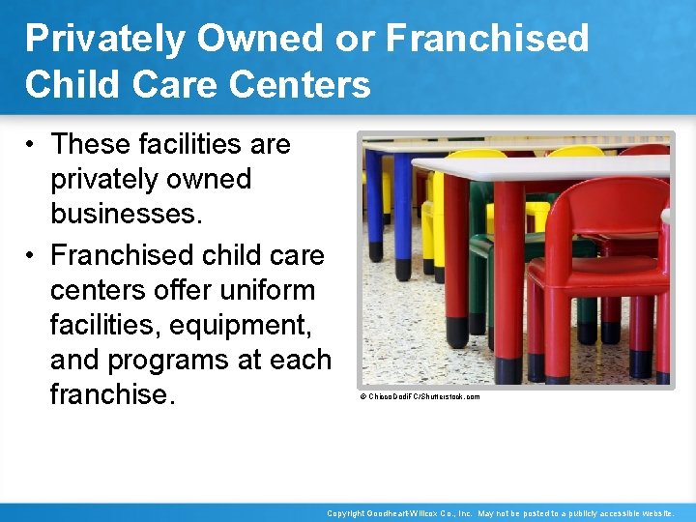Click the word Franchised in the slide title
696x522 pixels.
(x=487, y=39)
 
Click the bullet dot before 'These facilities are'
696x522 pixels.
(x=31, y=145)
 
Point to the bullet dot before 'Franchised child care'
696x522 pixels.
(x=31, y=255)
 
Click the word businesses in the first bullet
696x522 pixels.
(x=127, y=215)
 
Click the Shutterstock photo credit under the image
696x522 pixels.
(x=420, y=397)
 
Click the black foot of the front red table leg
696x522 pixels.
(x=508, y=369)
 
